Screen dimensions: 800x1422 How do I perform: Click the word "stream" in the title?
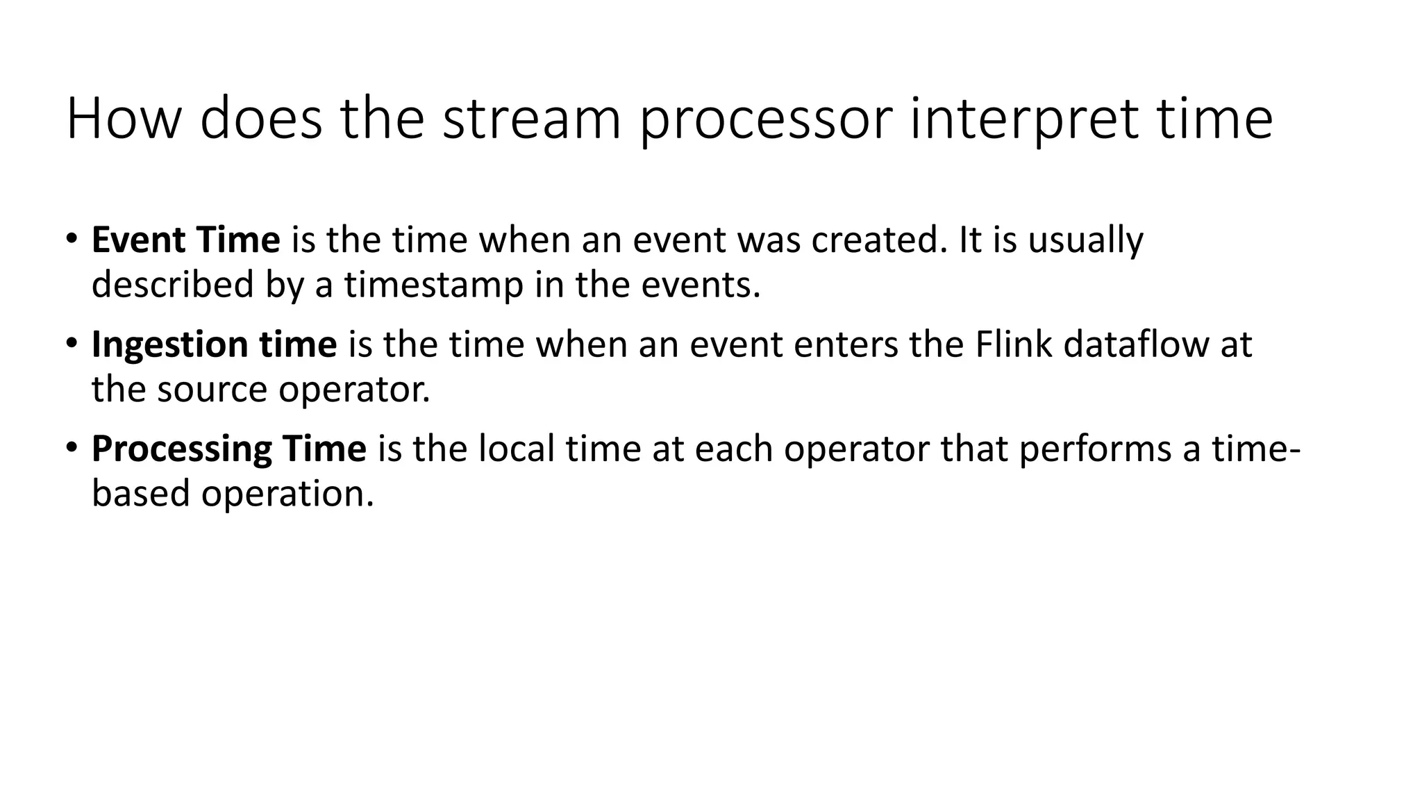(531, 119)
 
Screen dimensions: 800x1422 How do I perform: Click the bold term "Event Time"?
(185, 240)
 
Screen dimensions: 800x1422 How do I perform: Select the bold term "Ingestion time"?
(214, 344)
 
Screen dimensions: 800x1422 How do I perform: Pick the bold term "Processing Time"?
(228, 449)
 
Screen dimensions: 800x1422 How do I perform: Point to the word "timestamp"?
(433, 285)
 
